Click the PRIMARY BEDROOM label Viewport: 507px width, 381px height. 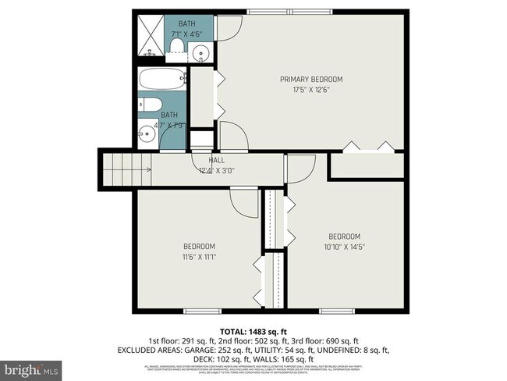[311, 80]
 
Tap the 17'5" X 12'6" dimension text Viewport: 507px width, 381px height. [311, 89]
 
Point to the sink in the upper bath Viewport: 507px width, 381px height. [202, 54]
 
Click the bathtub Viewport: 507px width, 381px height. [162, 79]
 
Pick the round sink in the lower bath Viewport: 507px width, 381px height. [146, 134]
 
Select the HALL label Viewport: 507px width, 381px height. [216, 160]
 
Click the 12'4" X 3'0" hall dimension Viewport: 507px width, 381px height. [216, 169]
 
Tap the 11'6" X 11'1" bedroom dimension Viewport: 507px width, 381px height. [199, 256]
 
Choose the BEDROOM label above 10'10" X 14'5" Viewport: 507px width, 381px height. [344, 237]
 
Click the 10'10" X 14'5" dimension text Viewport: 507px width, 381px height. [344, 246]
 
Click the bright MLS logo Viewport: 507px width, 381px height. [34, 367]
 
